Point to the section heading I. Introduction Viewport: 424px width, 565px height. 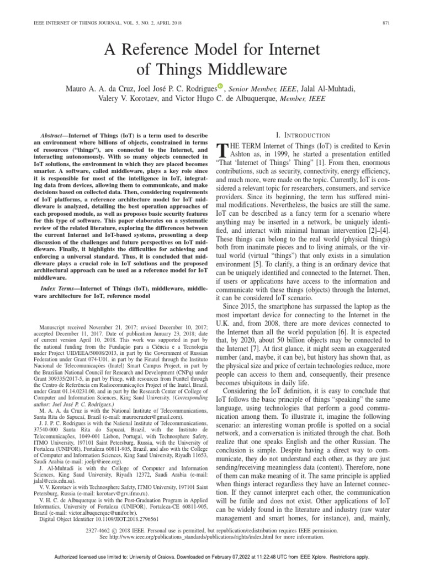pyautogui.click(x=310, y=135)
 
